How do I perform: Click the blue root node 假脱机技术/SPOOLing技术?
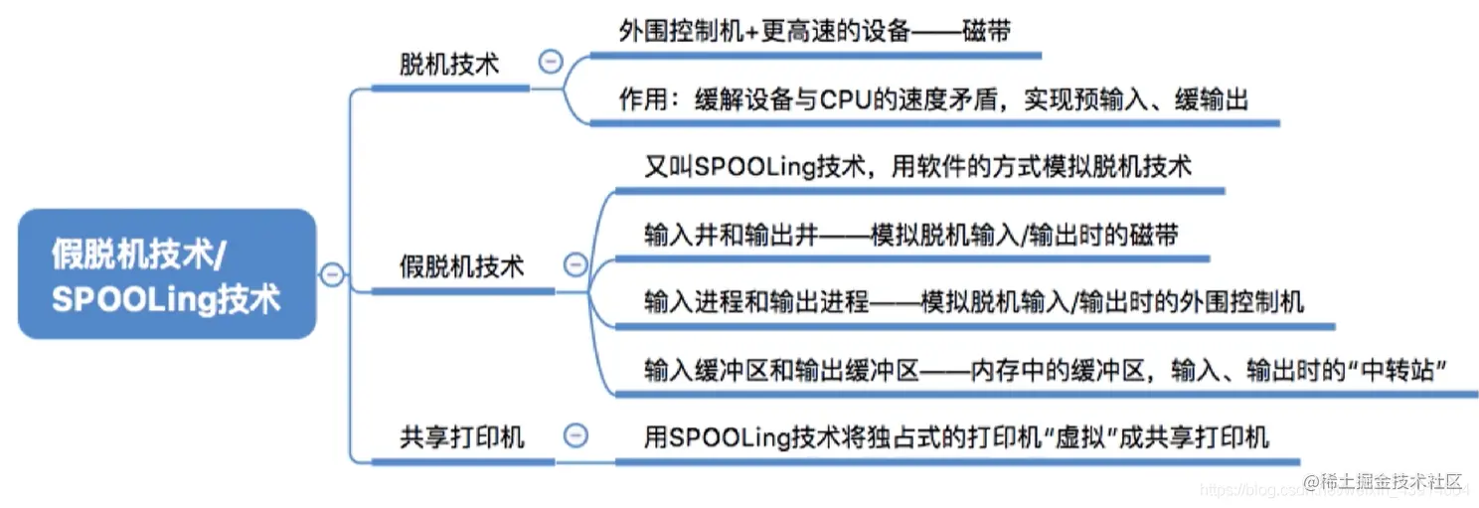[166, 273]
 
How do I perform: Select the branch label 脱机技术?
[449, 66]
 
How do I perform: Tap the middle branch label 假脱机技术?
[461, 266]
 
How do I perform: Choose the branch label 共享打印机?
[461, 436]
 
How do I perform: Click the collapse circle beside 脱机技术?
[550, 62]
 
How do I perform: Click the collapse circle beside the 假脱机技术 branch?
[575, 263]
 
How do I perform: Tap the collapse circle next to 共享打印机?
[575, 434]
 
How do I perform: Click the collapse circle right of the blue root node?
[333, 273]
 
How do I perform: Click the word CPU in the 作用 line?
[847, 100]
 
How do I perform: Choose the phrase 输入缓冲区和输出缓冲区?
[781, 370]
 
